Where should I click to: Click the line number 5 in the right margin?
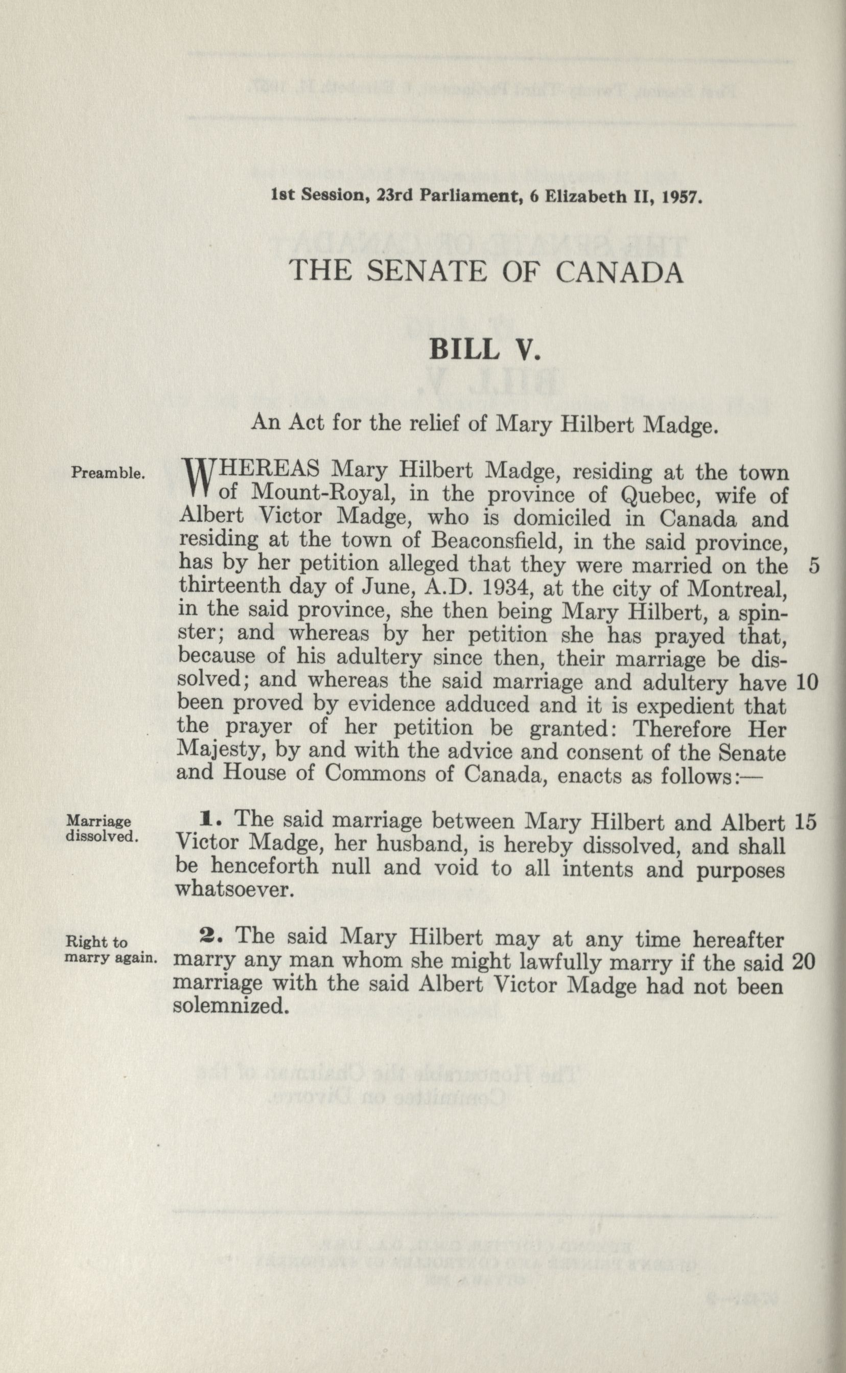point(814,566)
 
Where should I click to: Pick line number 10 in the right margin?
point(806,682)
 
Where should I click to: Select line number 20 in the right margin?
point(804,962)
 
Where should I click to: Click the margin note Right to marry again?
point(110,949)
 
